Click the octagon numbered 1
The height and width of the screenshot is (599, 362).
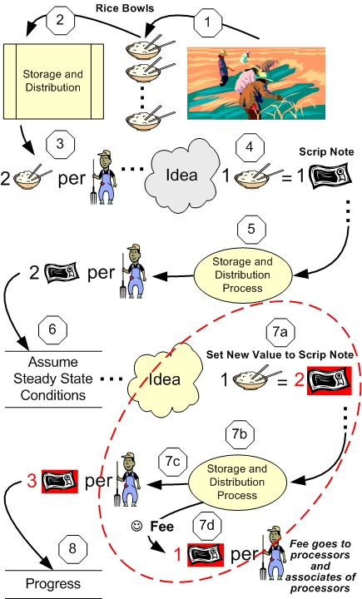207,22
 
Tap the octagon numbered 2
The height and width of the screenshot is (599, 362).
60,19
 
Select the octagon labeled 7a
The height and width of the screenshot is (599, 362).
280,332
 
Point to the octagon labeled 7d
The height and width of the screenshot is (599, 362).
207,525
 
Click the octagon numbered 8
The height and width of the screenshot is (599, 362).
72,548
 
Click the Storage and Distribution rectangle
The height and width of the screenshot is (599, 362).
53,81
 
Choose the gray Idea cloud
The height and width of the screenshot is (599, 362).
181,175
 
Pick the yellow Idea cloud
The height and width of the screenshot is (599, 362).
165,379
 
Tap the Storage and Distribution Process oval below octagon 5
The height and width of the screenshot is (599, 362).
243,275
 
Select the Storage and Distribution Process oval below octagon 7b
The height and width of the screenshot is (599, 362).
237,482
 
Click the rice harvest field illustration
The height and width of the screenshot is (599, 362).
256,83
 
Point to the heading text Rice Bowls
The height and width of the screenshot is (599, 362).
125,8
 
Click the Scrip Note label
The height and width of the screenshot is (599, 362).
326,151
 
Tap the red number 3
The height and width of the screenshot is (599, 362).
32,481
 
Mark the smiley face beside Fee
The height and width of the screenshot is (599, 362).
136,526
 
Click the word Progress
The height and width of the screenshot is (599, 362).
53,583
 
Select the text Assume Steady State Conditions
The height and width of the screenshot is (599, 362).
53,379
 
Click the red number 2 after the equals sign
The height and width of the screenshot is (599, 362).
300,379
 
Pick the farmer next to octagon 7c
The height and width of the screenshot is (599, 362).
128,479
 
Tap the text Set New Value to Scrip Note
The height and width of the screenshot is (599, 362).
280,355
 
